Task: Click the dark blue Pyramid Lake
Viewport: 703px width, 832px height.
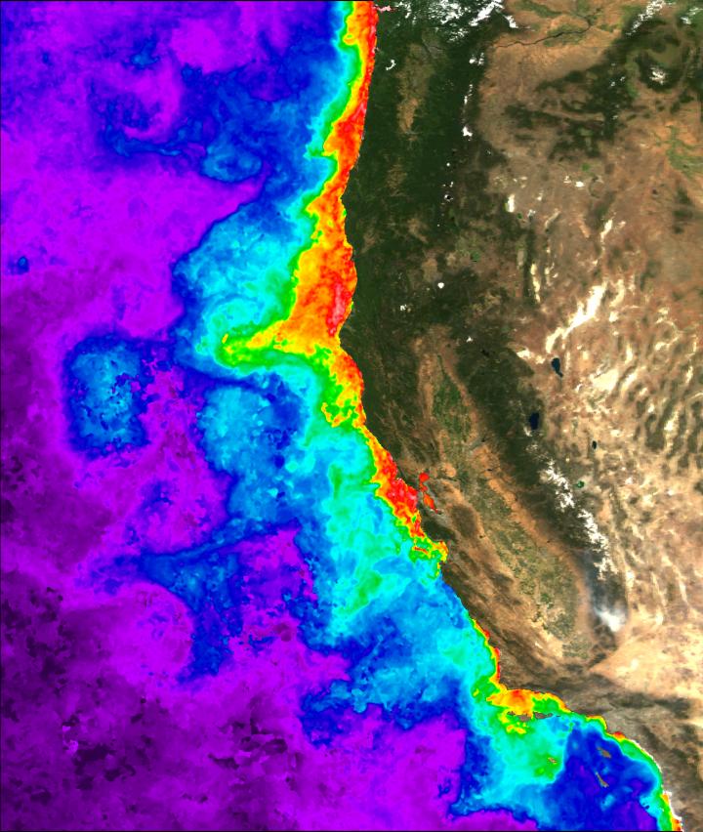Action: tap(556, 366)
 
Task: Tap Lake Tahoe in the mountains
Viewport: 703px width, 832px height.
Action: tap(534, 421)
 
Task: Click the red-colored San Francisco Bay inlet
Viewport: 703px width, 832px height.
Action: tap(425, 481)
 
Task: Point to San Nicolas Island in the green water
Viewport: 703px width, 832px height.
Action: tap(554, 761)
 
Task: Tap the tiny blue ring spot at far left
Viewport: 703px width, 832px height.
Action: tap(21, 264)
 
